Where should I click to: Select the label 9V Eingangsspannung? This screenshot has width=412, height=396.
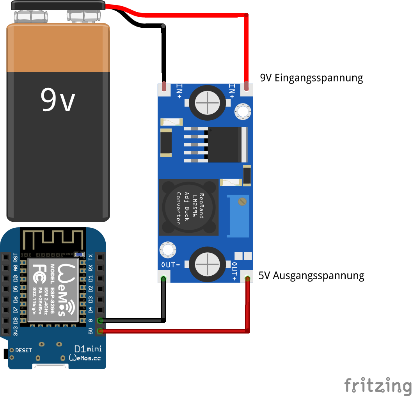311,78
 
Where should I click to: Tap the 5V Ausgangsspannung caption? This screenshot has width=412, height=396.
311,276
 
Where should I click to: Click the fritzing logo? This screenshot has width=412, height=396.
378,385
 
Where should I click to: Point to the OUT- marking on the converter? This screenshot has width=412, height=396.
171,265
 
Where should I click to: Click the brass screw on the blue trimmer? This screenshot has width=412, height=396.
242,202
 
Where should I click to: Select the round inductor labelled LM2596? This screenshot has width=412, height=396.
189,207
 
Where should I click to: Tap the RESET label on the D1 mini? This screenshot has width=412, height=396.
23,350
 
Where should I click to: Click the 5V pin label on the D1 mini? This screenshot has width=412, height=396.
91,331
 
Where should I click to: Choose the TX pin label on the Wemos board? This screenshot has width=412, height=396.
91,257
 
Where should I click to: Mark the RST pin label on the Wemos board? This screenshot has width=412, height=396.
16,257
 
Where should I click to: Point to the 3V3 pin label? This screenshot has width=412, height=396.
16,331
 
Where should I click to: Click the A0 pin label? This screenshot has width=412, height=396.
16,268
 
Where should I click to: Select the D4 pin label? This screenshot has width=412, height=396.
91,310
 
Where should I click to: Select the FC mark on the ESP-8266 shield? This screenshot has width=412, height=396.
38,272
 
